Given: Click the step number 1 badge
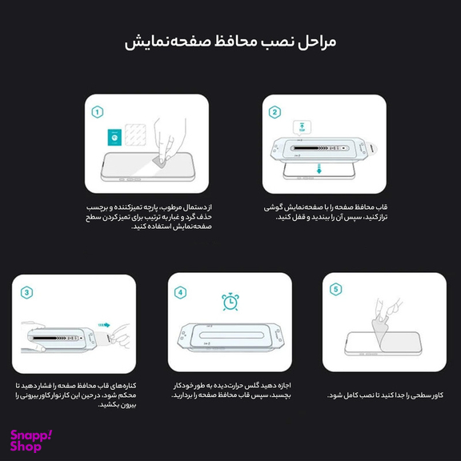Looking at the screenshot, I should point(98,113).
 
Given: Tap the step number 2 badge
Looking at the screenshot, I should point(275,113).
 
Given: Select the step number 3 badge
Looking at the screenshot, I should point(28,292).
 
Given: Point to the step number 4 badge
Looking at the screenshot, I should point(180,292).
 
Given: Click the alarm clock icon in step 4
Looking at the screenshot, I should point(229,302).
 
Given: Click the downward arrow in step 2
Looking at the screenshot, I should point(319,169).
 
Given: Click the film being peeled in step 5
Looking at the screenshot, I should point(383,329).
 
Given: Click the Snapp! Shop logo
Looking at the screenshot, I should point(30,439).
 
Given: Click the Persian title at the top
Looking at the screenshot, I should point(230,42).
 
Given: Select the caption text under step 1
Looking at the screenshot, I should point(146,217).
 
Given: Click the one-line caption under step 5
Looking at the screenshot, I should point(385,395).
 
